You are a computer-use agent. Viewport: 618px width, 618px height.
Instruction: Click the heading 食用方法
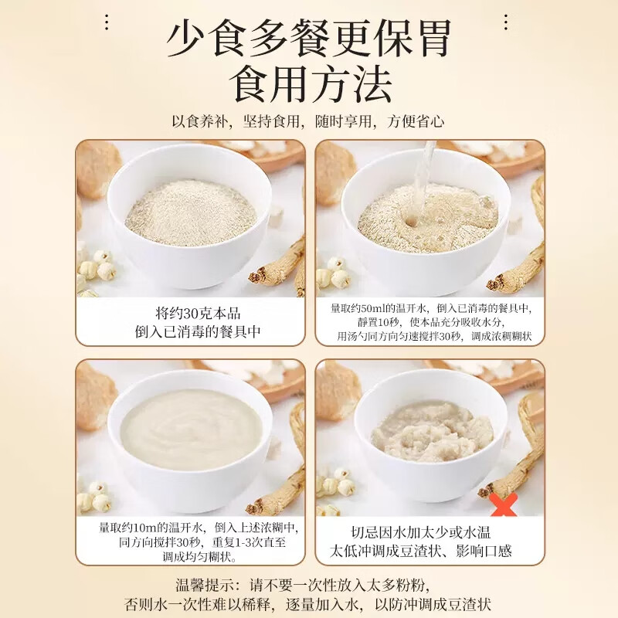pos(309,84)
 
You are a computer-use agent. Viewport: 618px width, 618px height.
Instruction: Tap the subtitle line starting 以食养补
pos(308,122)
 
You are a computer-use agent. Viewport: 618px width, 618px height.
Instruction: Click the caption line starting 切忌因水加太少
pos(430,532)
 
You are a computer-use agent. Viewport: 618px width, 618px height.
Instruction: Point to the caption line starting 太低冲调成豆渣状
pos(430,552)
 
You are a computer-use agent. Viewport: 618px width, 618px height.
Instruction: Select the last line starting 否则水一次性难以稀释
pos(308,603)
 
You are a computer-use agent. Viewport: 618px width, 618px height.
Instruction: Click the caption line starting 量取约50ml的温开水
pos(430,308)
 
